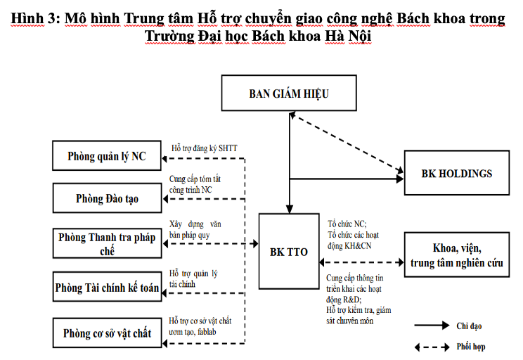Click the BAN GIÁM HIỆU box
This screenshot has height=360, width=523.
(288, 93)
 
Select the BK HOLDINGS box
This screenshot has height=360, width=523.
(456, 173)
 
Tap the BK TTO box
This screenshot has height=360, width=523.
(288, 251)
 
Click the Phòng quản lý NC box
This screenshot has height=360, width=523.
(107, 156)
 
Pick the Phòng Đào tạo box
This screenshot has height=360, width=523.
(107, 199)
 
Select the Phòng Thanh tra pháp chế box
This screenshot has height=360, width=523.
(107, 243)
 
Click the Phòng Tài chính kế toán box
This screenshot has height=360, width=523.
(107, 287)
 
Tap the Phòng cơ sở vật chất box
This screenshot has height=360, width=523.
(107, 333)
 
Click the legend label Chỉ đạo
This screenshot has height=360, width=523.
(470, 326)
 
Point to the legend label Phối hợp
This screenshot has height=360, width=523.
(470, 347)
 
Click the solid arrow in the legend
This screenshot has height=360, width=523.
(432, 326)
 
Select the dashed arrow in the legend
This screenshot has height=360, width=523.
(432, 347)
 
